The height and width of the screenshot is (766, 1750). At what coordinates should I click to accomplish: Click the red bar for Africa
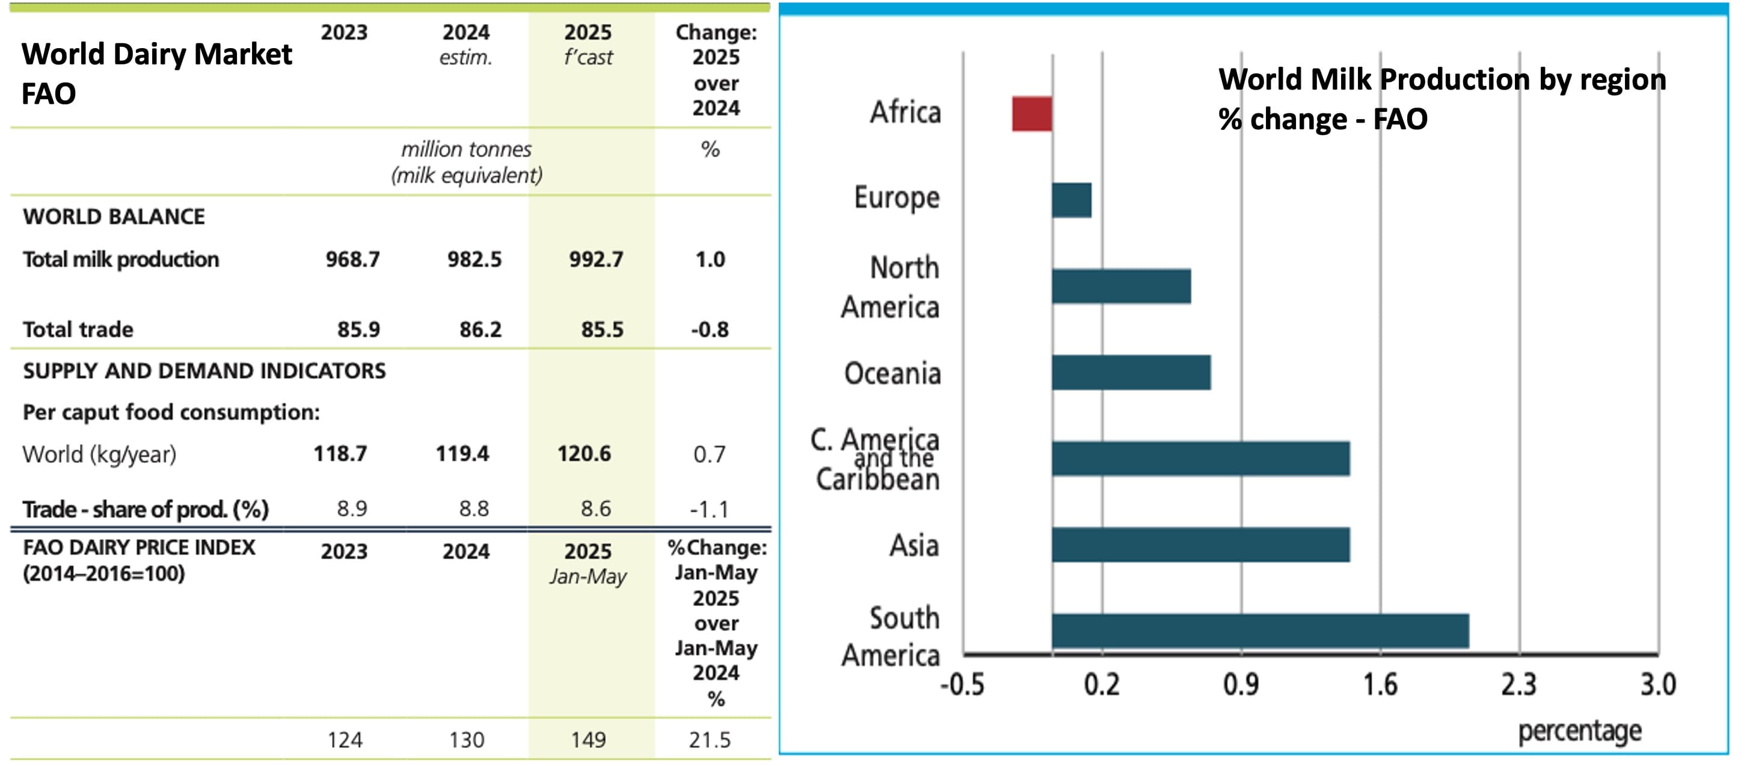click(1031, 114)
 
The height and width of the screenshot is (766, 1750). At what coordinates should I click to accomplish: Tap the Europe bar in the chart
click(1071, 200)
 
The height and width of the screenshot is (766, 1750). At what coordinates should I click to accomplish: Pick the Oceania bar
click(1131, 372)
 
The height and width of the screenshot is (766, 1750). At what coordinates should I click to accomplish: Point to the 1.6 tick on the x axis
click(1380, 684)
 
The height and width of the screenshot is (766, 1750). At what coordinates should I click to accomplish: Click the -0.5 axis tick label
click(962, 684)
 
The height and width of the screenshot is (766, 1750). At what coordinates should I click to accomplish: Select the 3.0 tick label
click(1657, 684)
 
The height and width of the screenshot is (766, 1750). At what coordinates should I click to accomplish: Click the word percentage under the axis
click(1579, 731)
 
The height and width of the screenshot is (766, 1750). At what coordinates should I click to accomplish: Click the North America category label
click(890, 287)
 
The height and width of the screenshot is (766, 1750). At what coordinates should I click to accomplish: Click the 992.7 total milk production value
click(596, 259)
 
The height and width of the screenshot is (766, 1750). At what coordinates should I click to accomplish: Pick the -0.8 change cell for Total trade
click(709, 330)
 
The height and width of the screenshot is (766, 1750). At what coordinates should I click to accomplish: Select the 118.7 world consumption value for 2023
click(340, 453)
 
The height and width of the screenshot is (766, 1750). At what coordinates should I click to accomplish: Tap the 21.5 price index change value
click(709, 740)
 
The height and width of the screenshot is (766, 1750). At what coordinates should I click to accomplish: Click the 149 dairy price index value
click(588, 740)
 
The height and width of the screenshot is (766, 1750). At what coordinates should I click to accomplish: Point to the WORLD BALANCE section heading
click(114, 216)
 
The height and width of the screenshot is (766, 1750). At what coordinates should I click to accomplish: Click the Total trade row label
click(78, 330)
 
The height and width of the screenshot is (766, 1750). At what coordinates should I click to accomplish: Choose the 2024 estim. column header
click(466, 44)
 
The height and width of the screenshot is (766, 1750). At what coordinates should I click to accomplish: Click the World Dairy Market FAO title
click(156, 73)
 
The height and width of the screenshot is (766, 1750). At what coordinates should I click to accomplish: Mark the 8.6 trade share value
click(595, 509)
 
